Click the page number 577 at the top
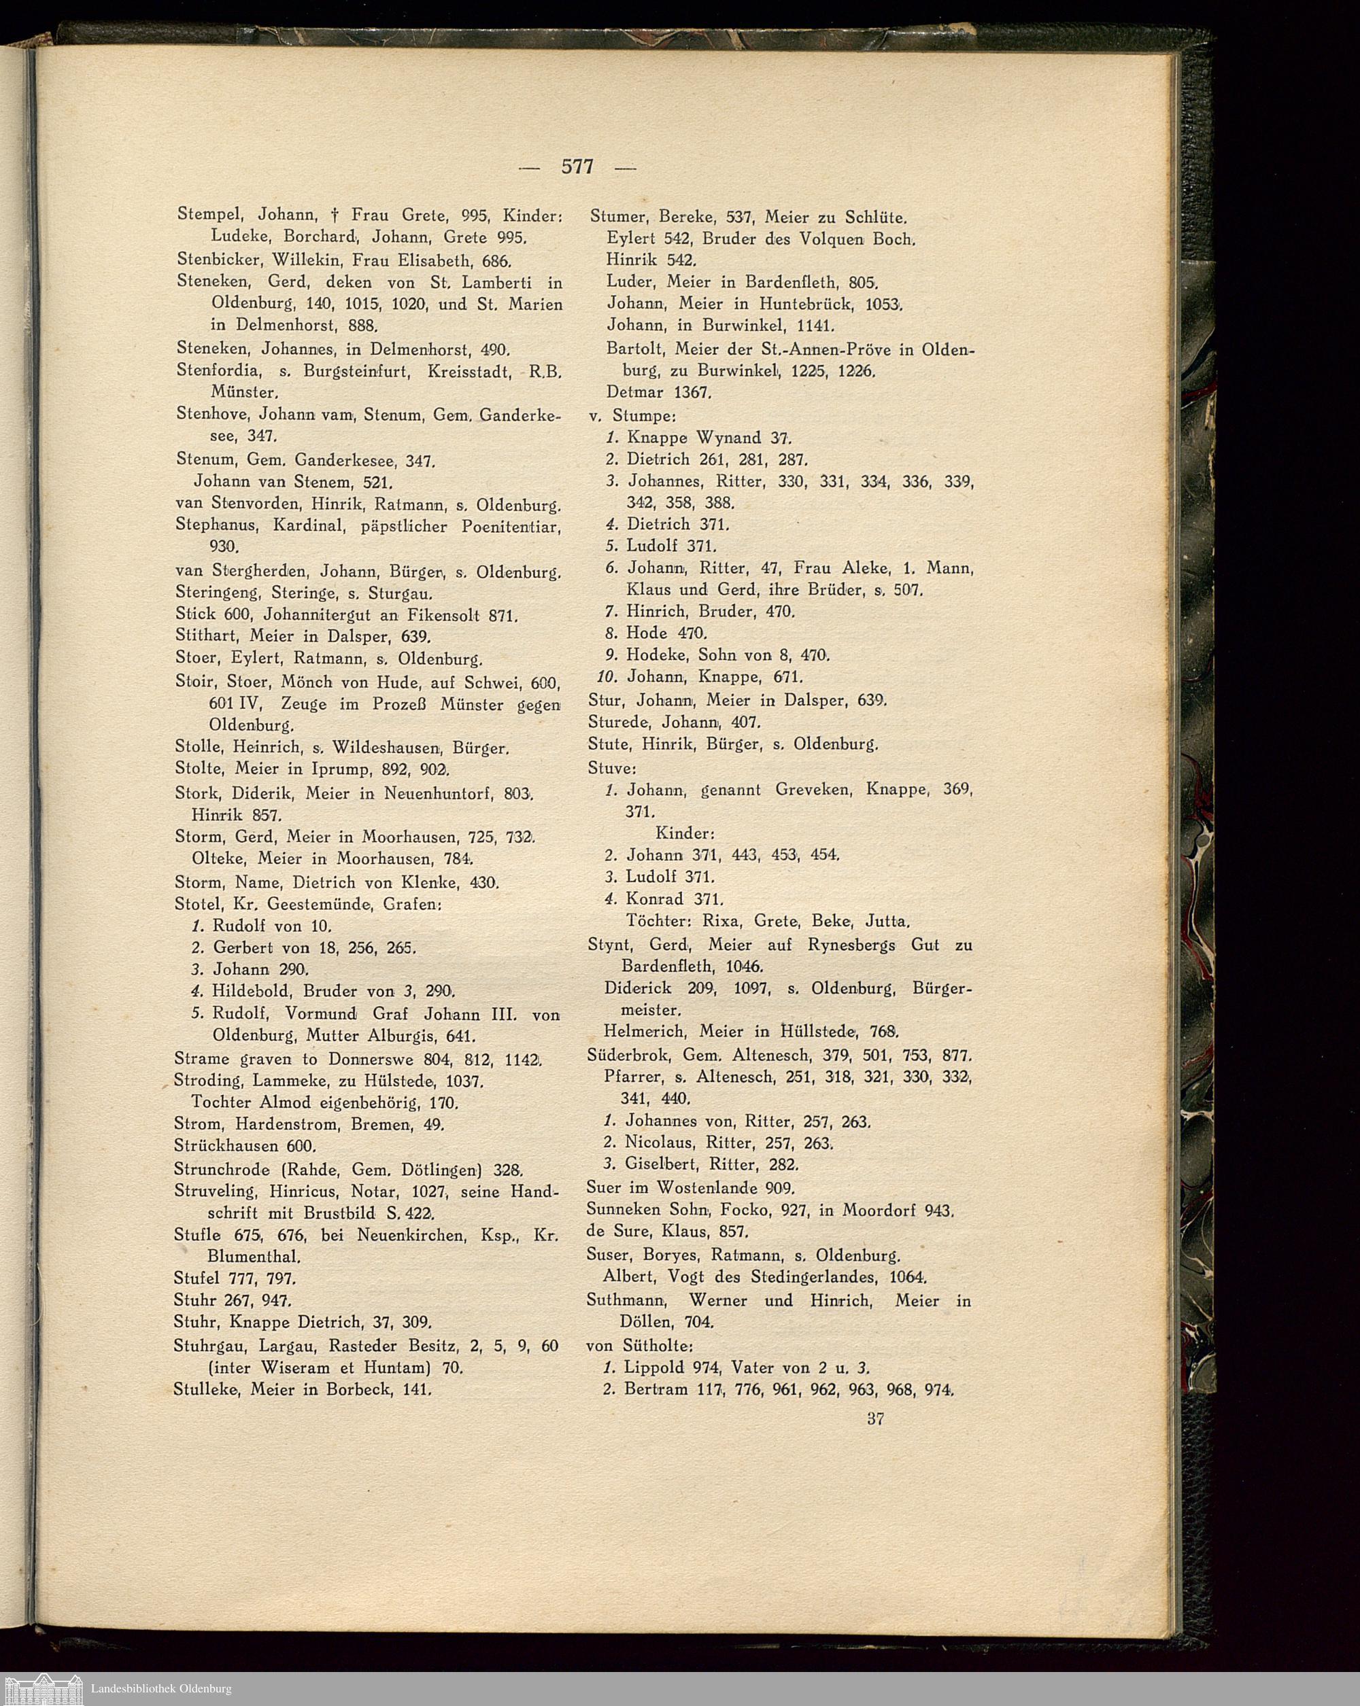click(577, 167)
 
